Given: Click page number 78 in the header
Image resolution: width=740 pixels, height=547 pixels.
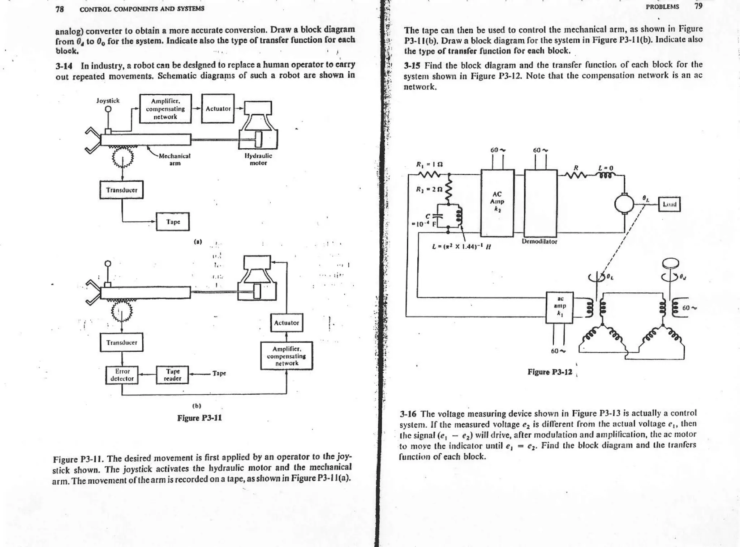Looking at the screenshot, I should [60, 9].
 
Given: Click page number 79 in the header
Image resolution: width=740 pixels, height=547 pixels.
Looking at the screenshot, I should [699, 6].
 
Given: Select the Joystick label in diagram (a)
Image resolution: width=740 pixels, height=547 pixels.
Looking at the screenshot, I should [108, 101].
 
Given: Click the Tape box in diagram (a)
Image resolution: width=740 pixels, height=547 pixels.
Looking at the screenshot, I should [173, 222].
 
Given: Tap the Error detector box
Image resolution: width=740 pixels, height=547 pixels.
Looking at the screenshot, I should [122, 375].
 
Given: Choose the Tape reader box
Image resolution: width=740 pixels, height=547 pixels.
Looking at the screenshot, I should [173, 375].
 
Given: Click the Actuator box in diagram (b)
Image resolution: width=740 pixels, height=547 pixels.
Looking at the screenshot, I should [287, 323].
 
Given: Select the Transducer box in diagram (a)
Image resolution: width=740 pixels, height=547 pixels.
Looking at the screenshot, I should [121, 190].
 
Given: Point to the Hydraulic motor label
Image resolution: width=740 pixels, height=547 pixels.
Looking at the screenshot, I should [258, 159].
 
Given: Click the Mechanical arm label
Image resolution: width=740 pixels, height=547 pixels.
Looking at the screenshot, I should [175, 160].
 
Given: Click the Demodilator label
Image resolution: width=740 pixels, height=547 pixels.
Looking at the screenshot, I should [539, 241].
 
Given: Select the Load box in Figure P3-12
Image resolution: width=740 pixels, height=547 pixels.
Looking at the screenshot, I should [669, 204].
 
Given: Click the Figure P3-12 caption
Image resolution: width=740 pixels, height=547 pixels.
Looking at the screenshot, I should [550, 372].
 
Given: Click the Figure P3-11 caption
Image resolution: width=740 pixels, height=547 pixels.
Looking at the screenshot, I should [199, 418].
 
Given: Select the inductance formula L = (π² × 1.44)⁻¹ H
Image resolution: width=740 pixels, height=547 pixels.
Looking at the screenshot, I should [461, 247].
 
